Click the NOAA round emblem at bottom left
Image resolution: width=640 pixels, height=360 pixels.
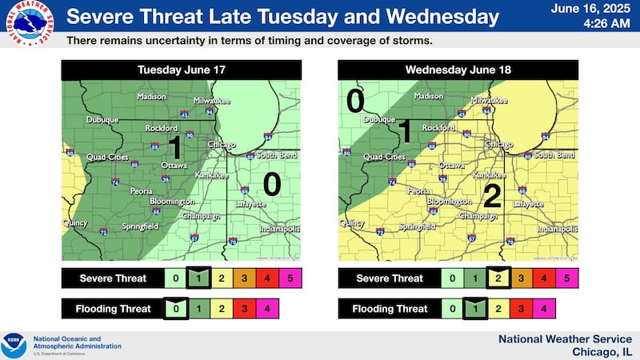pos(14,345)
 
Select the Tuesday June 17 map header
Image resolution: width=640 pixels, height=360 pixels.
pos(181,70)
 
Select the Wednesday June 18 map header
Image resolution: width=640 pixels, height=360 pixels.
pos(458,70)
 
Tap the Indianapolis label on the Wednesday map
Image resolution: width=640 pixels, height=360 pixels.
pos(557,229)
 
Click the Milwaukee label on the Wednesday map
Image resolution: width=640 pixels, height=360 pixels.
pos(488,101)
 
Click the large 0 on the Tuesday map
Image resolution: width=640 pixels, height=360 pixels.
pos(272,184)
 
